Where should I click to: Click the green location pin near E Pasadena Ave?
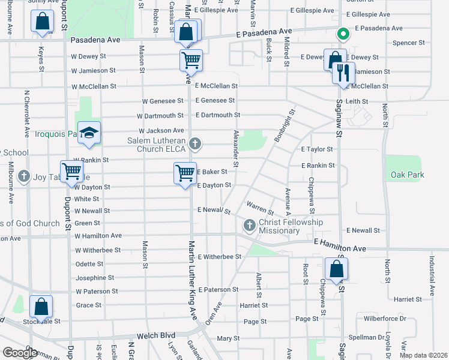[x=342, y=35]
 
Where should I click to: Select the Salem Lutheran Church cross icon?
[x=194, y=143]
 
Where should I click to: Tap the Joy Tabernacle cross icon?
[x=24, y=176]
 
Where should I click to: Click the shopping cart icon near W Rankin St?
[x=72, y=172]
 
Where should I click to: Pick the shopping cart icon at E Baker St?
[x=185, y=173]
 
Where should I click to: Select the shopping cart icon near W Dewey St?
[x=191, y=60]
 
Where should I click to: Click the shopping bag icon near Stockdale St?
[x=41, y=307]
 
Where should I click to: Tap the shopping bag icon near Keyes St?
[x=43, y=22]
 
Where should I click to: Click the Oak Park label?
[x=407, y=175]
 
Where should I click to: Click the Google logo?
[x=20, y=353]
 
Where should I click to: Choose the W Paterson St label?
[x=97, y=291]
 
